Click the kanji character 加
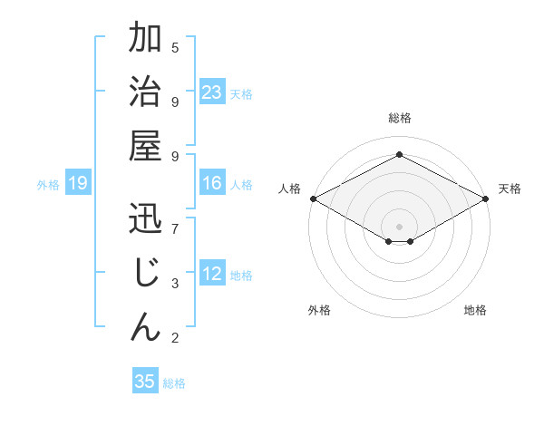pos(145,41)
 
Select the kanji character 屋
pos(145,145)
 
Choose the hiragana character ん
pos(145,325)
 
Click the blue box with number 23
pos(212,92)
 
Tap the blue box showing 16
pos(212,183)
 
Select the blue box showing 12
pos(212,274)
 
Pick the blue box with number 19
pos(78,184)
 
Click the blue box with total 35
pos(145,382)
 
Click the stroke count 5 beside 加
pos(175,47)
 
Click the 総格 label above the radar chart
pos(399,118)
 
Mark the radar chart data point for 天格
pos(487,198)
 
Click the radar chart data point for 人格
pos(313,198)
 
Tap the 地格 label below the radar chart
pos(475,310)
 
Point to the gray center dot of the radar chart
pos(399,225)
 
